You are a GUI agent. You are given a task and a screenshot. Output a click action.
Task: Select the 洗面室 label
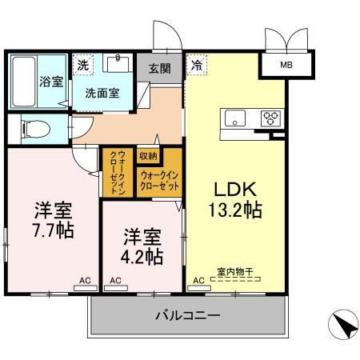[103, 93]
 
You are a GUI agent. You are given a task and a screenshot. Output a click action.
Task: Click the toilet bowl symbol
[28, 127]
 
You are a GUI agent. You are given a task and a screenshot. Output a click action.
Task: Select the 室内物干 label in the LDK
[234, 272]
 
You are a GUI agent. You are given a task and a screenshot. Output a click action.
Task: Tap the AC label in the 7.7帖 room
[83, 281]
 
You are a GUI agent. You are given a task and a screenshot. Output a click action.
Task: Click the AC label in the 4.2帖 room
[115, 281]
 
